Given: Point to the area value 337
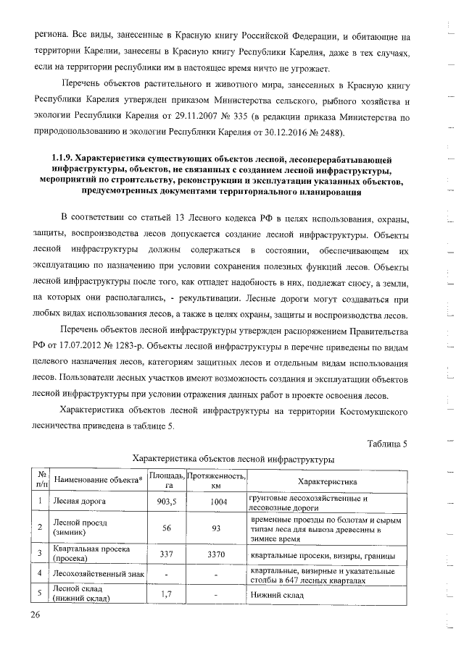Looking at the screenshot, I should tap(167, 554).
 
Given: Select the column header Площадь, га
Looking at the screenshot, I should tap(167, 481).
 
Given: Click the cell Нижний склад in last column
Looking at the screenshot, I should tap(275, 594).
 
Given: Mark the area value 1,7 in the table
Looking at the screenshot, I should tap(167, 594).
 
